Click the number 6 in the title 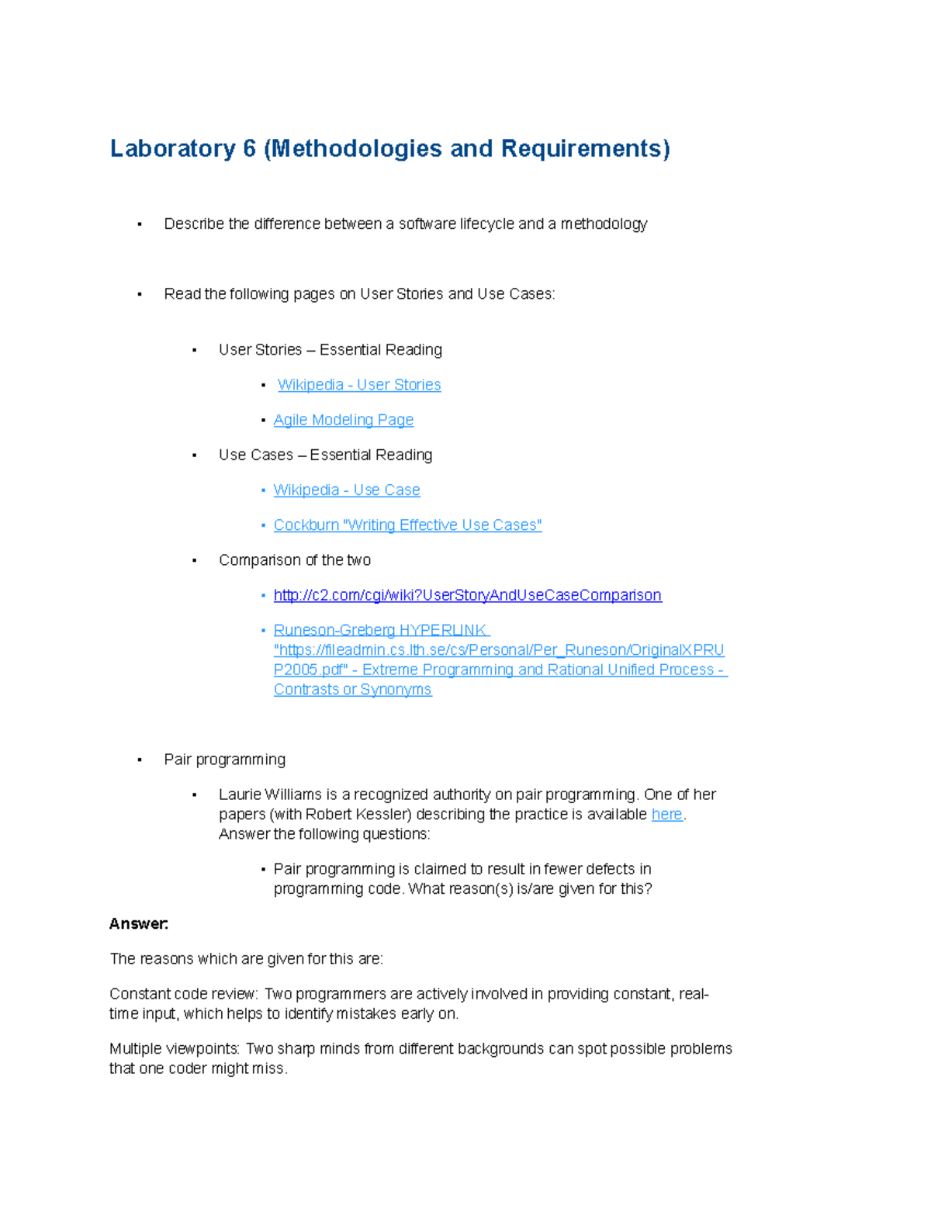[249, 148]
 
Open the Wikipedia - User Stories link [359, 385]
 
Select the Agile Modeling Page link [343, 420]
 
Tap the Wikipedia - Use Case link [347, 490]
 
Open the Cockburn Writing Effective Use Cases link [407, 525]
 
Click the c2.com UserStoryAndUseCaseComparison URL [467, 595]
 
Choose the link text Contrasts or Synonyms [352, 690]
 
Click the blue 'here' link [666, 814]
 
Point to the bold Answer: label [139, 924]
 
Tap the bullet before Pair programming [140, 760]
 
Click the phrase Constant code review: [183, 994]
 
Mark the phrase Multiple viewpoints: [175, 1049]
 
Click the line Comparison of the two [295, 560]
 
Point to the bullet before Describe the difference [140, 225]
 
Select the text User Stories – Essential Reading [331, 350]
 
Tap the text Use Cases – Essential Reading [325, 455]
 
